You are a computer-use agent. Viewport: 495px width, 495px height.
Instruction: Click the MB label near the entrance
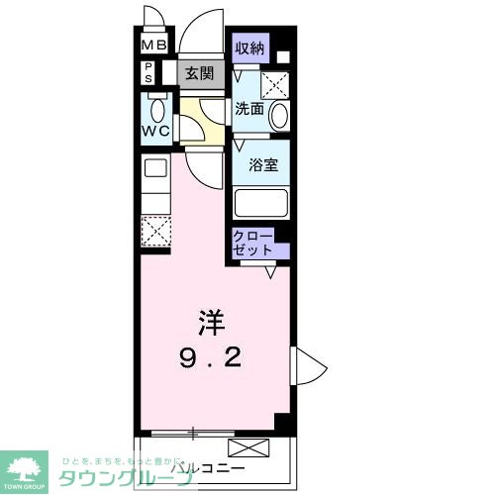click(153, 45)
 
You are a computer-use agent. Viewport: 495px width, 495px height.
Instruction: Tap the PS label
click(149, 72)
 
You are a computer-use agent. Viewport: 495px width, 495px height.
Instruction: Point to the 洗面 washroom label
click(248, 110)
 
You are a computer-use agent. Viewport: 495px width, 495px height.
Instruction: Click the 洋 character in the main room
click(211, 321)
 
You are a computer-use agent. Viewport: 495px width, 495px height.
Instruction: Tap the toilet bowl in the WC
click(156, 107)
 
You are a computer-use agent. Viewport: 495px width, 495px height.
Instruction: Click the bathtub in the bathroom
click(261, 204)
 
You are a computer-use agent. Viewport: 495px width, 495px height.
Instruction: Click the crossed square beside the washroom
click(274, 83)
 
